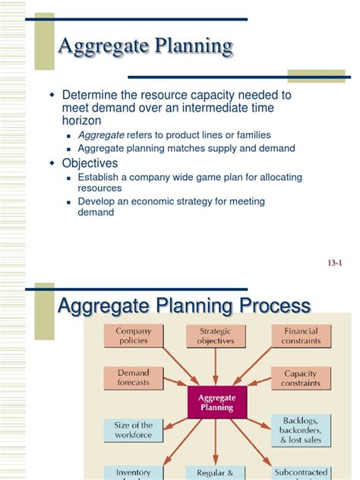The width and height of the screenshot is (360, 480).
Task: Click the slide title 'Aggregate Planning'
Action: [146, 47]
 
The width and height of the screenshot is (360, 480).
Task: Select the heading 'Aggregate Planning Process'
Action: [185, 307]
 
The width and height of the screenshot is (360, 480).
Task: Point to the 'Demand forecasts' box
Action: [133, 378]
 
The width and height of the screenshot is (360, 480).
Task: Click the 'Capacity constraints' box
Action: [300, 378]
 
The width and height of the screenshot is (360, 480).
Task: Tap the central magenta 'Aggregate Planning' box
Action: [216, 403]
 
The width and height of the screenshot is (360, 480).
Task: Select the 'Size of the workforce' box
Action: [133, 431]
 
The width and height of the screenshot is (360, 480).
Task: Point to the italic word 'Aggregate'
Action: [101, 134]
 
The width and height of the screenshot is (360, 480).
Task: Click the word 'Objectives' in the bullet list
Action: [90, 163]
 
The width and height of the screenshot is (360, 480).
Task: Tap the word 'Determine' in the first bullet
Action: [88, 95]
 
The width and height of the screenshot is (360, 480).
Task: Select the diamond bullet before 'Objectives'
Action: [52, 163]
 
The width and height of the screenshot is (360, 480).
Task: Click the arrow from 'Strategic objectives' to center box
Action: [216, 366]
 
